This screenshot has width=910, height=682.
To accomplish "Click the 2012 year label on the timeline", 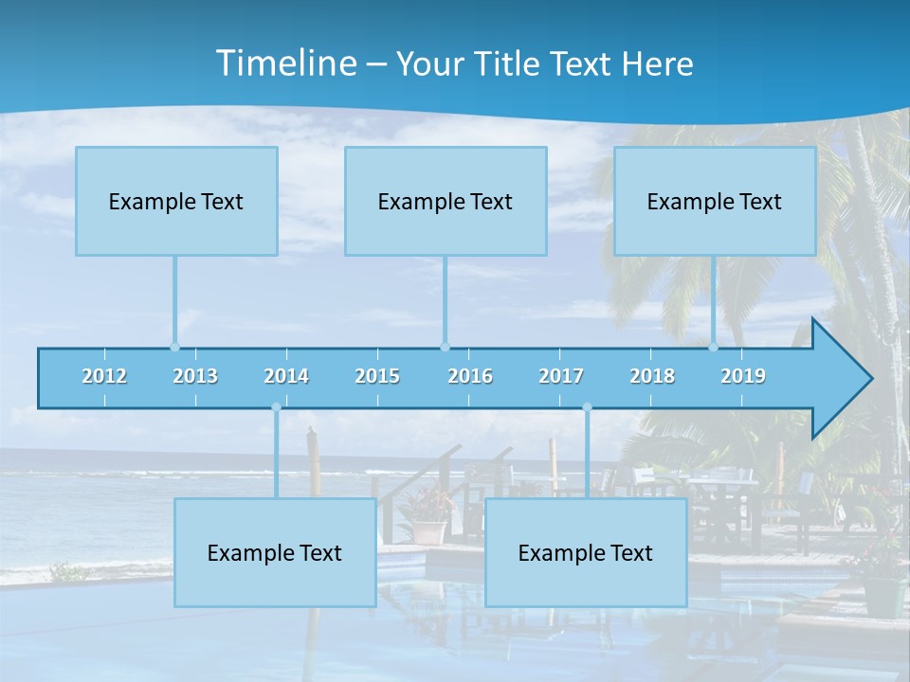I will pyautogui.click(x=104, y=376).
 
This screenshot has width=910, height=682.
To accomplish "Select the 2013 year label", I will pyautogui.click(x=195, y=376).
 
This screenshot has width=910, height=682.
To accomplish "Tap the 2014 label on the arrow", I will pyautogui.click(x=286, y=376).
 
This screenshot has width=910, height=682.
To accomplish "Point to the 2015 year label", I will pyautogui.click(x=377, y=376).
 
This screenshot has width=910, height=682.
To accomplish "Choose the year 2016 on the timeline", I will pyautogui.click(x=470, y=376).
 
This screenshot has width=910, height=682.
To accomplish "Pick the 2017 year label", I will pyautogui.click(x=561, y=376).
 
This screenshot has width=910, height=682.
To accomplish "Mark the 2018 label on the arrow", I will pyautogui.click(x=652, y=376).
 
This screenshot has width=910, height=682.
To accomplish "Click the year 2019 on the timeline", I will pyautogui.click(x=743, y=376).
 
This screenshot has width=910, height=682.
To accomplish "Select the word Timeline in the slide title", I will pyautogui.click(x=286, y=63).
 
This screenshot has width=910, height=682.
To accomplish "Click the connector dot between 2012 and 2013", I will pyautogui.click(x=174, y=347).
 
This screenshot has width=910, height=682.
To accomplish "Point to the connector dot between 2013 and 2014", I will pyautogui.click(x=276, y=407).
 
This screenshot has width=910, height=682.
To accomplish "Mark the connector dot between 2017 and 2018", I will pyautogui.click(x=587, y=407).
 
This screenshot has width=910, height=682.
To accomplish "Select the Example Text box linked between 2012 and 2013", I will pyautogui.click(x=176, y=201).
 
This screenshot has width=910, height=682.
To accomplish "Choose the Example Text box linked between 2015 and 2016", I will pyautogui.click(x=446, y=201).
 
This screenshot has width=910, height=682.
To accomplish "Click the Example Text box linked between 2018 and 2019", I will pyautogui.click(x=715, y=201).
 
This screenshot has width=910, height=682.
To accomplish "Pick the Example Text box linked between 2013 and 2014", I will pyautogui.click(x=275, y=552).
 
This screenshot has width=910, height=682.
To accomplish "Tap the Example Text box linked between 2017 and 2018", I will pyautogui.click(x=586, y=552).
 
